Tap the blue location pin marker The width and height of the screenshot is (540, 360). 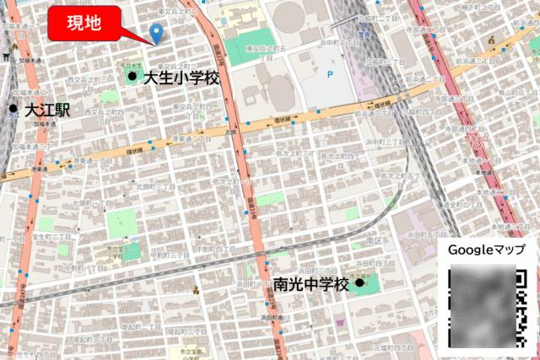[156, 33]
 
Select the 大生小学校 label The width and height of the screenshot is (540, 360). [181, 78]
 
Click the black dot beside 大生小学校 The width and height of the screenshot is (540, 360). [132, 78]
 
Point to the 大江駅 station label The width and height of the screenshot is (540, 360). [48, 110]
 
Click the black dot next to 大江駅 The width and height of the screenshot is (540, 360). [13, 110]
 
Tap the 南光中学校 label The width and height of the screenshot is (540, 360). [310, 285]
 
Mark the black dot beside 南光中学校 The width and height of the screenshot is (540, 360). [360, 283]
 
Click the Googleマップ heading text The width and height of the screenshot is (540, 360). [486, 251]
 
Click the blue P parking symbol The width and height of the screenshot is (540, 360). [330, 74]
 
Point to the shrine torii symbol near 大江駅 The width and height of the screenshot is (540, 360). [8, 58]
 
